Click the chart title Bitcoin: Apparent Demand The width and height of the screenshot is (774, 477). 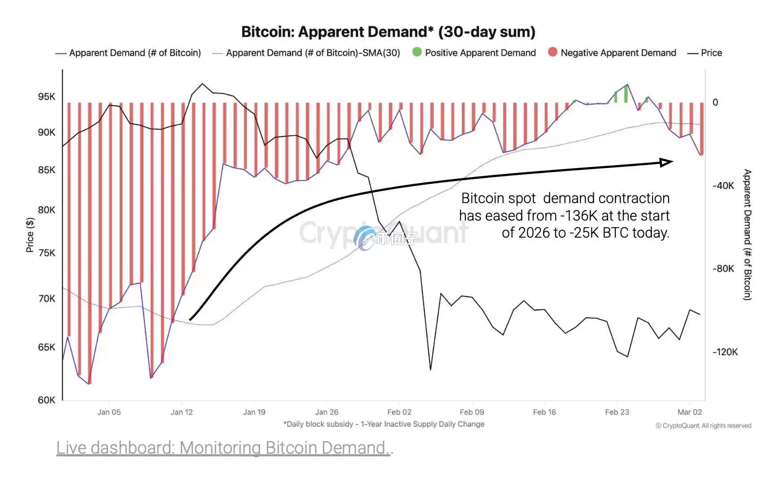[x=388, y=32]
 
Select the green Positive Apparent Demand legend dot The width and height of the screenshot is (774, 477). [x=417, y=52]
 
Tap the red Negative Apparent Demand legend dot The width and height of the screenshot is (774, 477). [x=552, y=52]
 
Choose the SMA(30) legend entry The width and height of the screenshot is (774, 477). [x=313, y=53]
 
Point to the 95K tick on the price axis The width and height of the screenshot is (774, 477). [x=47, y=96]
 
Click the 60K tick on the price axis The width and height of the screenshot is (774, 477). [x=47, y=400]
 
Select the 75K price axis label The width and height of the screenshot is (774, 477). [x=47, y=253]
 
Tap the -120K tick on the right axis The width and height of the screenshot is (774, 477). [x=725, y=352]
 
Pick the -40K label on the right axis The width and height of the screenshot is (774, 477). [x=723, y=186]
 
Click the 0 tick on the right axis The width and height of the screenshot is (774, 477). [x=715, y=102]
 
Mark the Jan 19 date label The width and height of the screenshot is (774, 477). [x=254, y=412]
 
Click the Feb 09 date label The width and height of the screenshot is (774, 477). [x=472, y=412]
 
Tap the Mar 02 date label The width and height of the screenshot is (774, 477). [x=689, y=412]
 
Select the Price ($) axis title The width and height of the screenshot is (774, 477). [x=30, y=235]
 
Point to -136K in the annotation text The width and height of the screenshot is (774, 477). [x=579, y=216]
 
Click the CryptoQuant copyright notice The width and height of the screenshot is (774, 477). [x=703, y=425]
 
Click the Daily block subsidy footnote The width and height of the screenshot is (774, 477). [x=384, y=424]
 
